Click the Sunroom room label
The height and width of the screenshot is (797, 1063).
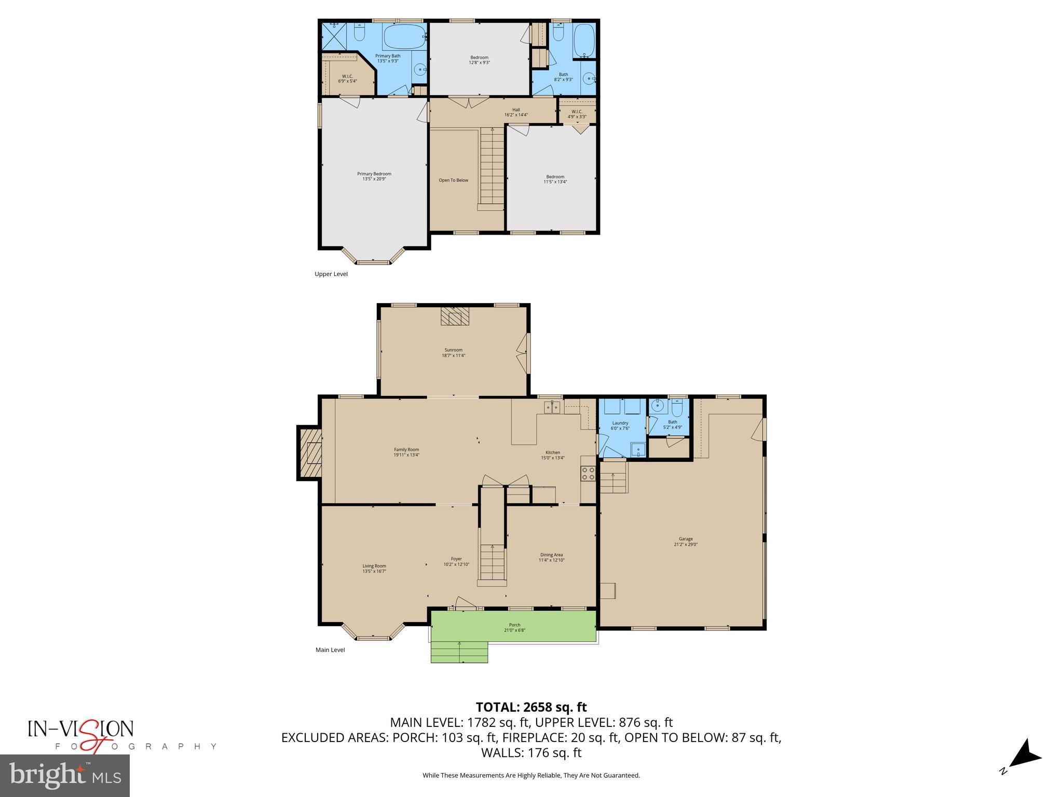tap(453, 352)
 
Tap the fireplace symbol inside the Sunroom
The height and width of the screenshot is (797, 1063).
tap(455, 316)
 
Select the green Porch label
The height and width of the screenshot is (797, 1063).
tap(514, 627)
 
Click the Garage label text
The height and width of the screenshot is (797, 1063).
tap(685, 541)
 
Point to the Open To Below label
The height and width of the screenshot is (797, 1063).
tap(453, 180)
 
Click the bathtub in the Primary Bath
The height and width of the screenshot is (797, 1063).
tap(403, 36)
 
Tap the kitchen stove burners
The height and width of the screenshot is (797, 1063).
tap(588, 473)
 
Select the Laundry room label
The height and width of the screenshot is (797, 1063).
tap(620, 425)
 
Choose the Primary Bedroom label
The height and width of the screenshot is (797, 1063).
tap(374, 176)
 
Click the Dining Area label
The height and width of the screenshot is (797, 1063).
tap(551, 557)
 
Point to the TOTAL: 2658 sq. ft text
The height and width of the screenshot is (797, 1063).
tap(531, 707)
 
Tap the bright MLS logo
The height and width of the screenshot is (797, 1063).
tap(65, 775)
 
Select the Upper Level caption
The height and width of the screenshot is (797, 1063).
tap(331, 274)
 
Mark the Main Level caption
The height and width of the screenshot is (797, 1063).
tap(330, 650)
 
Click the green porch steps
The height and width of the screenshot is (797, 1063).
tap(459, 652)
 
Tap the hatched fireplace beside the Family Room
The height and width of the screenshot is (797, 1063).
tap(309, 453)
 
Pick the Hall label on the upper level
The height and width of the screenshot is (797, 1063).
tap(516, 112)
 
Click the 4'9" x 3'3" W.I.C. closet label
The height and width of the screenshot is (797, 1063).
tap(577, 114)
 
